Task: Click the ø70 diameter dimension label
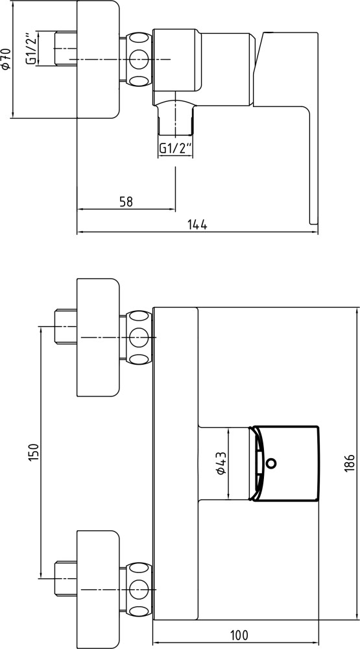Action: tap(6, 60)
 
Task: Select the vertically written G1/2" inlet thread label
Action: tap(30, 49)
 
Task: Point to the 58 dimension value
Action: tap(126, 201)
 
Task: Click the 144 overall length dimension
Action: tap(197, 225)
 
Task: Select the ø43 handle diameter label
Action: tap(221, 463)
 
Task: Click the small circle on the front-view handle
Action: tap(271, 463)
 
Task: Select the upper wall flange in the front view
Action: tap(99, 337)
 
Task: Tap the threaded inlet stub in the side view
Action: tap(64, 49)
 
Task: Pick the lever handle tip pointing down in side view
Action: tap(313, 214)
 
